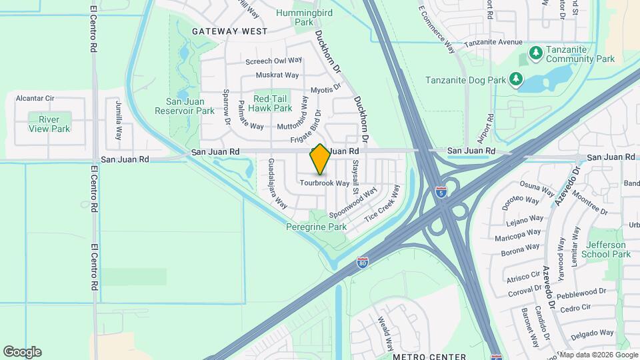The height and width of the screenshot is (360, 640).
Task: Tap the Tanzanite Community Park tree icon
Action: pos(535,52)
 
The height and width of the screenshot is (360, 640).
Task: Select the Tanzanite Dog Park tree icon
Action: pos(515,80)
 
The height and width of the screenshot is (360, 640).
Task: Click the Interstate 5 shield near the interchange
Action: pos(441,192)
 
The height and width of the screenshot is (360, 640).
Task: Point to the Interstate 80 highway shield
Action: pos(362,263)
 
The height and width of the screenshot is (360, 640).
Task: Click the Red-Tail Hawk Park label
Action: pos(270,103)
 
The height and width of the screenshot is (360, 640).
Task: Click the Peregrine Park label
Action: pos(316,227)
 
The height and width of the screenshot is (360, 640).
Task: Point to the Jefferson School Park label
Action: pos(605,249)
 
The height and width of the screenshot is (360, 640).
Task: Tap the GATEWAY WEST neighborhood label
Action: pos(229,31)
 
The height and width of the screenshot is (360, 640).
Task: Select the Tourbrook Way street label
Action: pos(325,183)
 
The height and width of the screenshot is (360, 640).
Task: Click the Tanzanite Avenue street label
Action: pos(493,42)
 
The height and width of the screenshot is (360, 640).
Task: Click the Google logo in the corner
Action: pos(22,352)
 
